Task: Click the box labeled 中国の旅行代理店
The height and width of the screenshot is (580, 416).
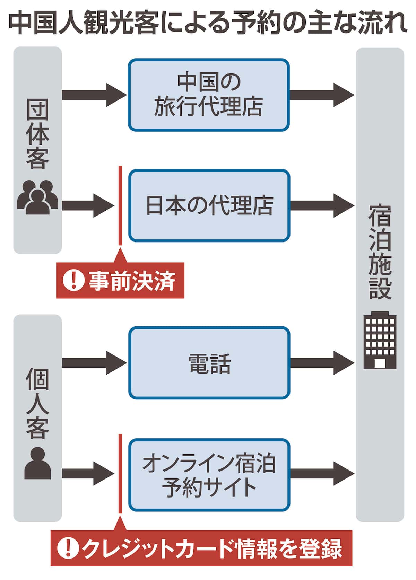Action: tap(209, 95)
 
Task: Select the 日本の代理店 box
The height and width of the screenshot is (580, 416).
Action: tap(209, 205)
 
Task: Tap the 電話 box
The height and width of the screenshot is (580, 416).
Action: tap(209, 363)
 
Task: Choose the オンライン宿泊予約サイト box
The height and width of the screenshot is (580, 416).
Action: tap(209, 475)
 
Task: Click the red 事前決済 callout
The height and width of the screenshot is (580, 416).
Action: tap(120, 280)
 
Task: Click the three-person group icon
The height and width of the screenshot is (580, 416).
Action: tap(37, 197)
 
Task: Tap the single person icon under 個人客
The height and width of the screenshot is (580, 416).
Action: tap(37, 463)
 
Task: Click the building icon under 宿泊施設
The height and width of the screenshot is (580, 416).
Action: tap(380, 340)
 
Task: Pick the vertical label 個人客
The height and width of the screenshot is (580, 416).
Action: tap(37, 404)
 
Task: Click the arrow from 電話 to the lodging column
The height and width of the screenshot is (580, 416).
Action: tap(322, 363)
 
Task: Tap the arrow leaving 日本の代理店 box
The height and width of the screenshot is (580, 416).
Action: tap(322, 205)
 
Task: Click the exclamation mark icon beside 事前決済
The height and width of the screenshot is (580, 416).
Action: tap(73, 280)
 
